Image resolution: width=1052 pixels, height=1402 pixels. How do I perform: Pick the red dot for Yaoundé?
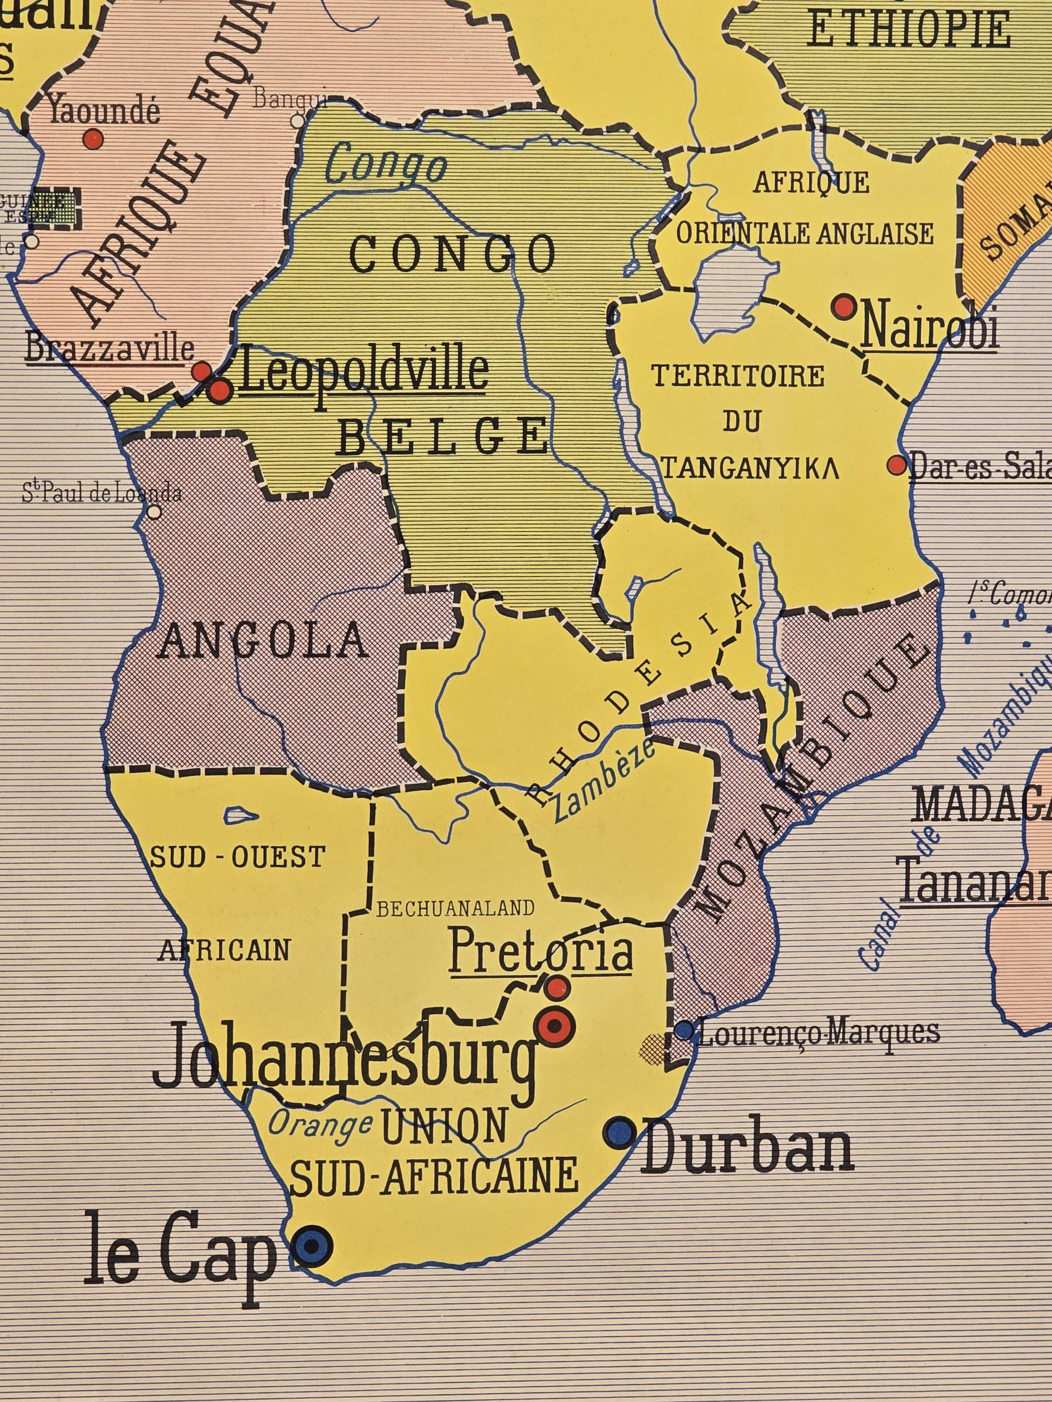93,138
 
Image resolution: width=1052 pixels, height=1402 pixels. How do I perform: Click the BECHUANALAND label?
455,909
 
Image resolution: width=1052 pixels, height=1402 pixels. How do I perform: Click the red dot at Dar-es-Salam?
897,465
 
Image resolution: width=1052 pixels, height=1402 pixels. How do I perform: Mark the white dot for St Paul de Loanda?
154,511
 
